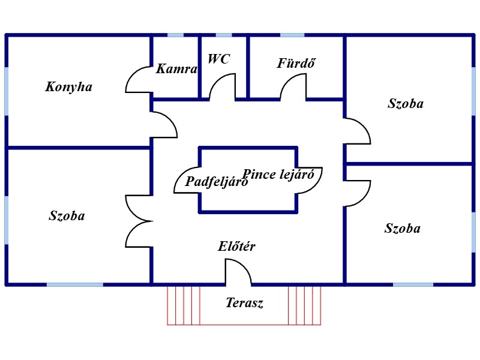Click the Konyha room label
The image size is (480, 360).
coord(69,87)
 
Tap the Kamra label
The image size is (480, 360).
coord(176,69)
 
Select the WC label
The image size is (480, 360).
coord(219,59)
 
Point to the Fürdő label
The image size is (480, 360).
coord(296,62)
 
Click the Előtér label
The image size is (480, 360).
coord(236,246)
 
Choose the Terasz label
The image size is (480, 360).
coord(244,303)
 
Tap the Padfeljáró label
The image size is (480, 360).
coord(217,182)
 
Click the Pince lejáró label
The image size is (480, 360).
coord(278,175)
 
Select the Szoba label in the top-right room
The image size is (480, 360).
coord(406,103)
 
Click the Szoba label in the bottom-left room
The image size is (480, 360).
coord(67,216)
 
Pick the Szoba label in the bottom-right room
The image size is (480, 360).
coord(403,229)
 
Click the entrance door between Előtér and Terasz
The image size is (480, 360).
coord(238,271)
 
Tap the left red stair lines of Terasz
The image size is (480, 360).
coord(183,305)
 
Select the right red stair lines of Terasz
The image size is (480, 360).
coord(305,305)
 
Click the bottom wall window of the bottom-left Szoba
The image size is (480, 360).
coord(75,284)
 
